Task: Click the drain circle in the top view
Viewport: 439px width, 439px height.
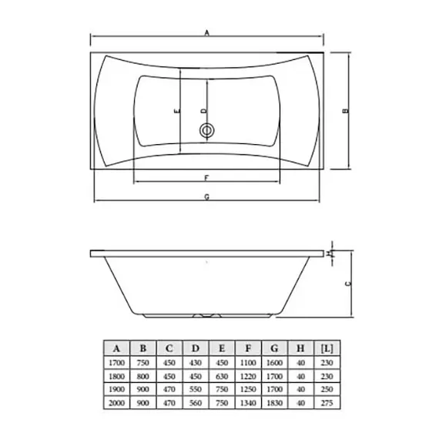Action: tap(206, 131)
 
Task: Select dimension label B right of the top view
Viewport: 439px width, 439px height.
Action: tap(346, 110)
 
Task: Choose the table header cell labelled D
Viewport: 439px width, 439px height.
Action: tap(195, 346)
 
